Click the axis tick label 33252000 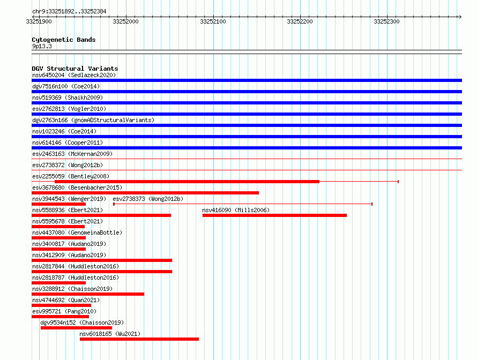click(125, 21)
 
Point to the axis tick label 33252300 click(386, 21)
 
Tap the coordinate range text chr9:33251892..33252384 click(69, 12)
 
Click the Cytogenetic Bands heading click(64, 40)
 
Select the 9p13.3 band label click(42, 46)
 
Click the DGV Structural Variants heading click(75, 69)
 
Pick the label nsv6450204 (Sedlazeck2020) click(74, 75)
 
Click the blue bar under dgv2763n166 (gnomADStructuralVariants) click(247, 125)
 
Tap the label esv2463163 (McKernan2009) click(72, 154)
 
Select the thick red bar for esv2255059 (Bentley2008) click(187, 182)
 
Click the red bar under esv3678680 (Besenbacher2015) click(145, 193)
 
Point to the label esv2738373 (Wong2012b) click(148, 199)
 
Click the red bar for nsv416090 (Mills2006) click(275, 215)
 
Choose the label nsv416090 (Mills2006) click(236, 210)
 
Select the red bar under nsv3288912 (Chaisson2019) click(88, 294)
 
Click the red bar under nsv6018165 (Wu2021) click(139, 339)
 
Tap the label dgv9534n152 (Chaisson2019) click(82, 322)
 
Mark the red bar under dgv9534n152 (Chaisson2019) click(76, 328)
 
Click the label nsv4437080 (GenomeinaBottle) click(77, 232)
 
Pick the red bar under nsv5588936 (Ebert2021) click(101, 215)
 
